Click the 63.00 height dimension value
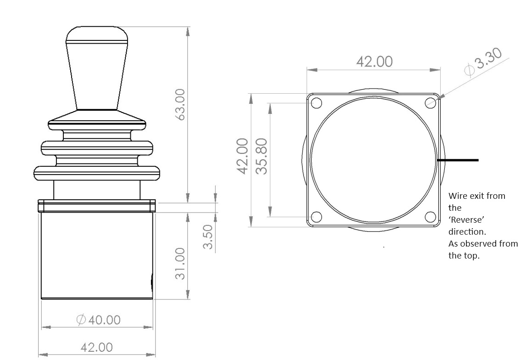(180, 105)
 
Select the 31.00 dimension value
(180, 263)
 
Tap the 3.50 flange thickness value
(208, 236)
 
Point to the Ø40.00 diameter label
(99, 320)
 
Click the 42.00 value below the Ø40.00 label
(96, 347)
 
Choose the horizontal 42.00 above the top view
(374, 62)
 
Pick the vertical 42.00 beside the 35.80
(243, 157)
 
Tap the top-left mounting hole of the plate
(316, 102)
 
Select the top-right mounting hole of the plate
(430, 102)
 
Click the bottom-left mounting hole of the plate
(316, 217)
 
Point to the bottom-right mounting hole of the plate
(430, 217)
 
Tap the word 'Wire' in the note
(457, 196)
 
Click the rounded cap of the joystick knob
(96, 34)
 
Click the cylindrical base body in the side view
(96, 255)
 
